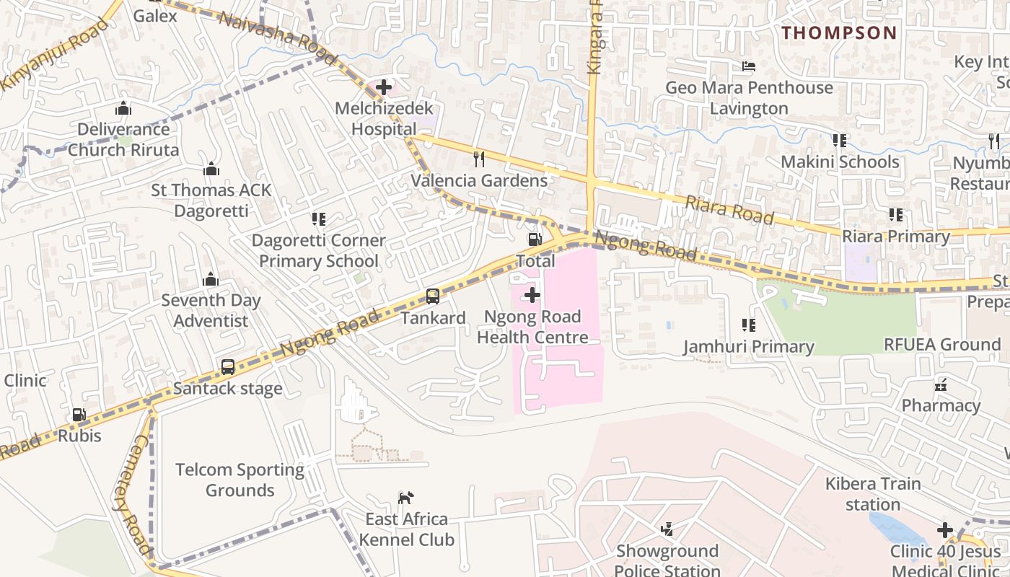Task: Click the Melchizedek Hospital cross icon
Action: pyautogui.click(x=384, y=88)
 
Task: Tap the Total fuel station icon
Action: pyautogui.click(x=535, y=239)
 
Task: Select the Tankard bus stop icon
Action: pyautogui.click(x=433, y=296)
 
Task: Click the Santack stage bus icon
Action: pyautogui.click(x=228, y=366)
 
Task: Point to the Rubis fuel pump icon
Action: pyautogui.click(x=79, y=415)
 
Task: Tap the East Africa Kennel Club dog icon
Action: pyautogui.click(x=406, y=498)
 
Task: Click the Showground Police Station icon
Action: pyautogui.click(x=667, y=530)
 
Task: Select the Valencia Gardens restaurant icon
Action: pyautogui.click(x=478, y=159)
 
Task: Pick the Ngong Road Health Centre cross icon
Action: pyautogui.click(x=532, y=295)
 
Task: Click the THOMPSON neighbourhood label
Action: pyautogui.click(x=839, y=32)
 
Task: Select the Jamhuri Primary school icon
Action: pyautogui.click(x=748, y=325)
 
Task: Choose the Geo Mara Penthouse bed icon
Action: pyautogui.click(x=749, y=66)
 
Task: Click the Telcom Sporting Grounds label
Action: pyautogui.click(x=240, y=480)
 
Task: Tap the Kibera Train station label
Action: pyautogui.click(x=873, y=494)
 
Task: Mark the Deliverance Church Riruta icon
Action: pyautogui.click(x=123, y=108)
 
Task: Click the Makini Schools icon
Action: pyautogui.click(x=840, y=140)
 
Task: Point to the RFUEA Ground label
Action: pyautogui.click(x=942, y=345)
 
